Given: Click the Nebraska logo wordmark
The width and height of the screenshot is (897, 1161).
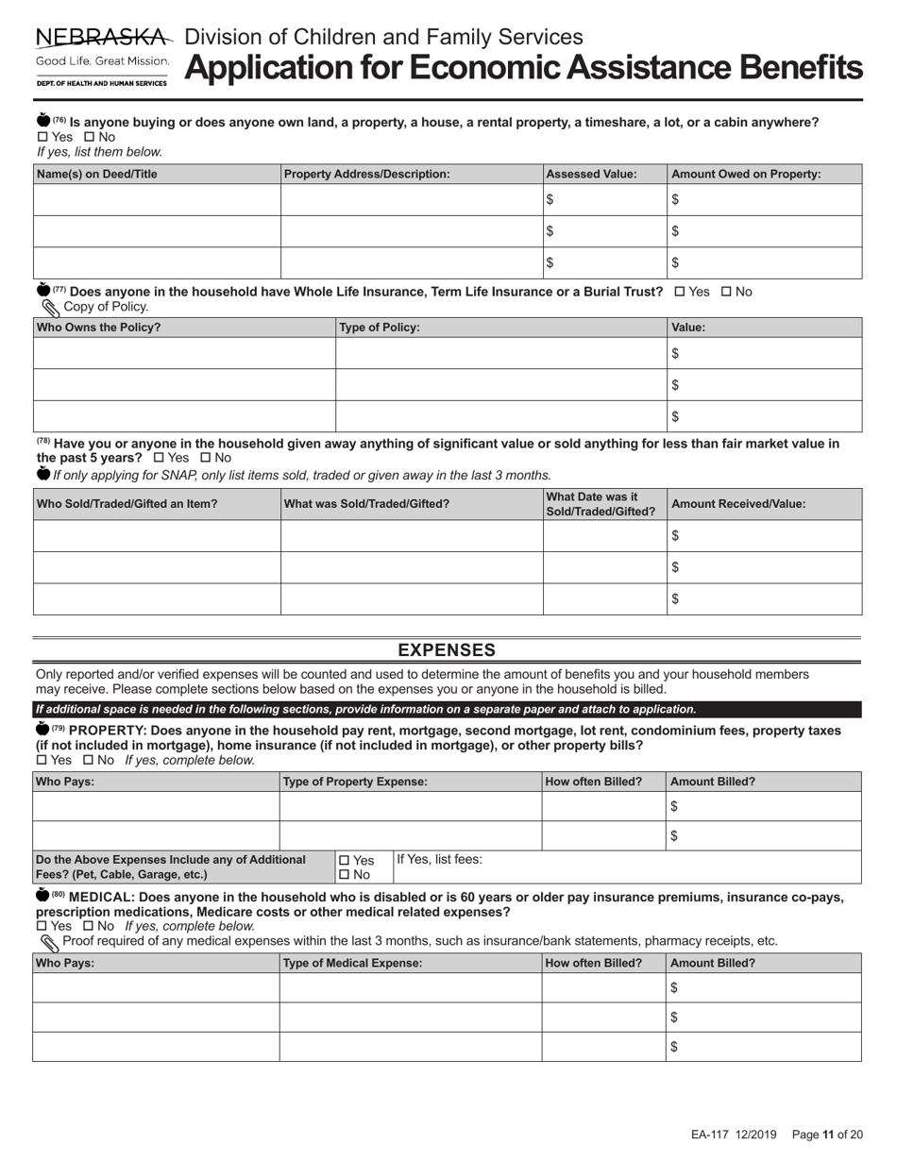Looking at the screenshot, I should click(103, 38).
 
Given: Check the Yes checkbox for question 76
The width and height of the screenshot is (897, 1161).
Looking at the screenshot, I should click(42, 137).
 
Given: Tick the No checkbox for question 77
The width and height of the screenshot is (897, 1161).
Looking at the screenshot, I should click(726, 292).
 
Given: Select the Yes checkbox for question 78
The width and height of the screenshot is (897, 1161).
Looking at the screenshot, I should click(159, 458).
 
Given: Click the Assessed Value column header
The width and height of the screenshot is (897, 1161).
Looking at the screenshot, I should click(592, 174).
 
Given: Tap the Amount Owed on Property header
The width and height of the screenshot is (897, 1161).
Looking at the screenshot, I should click(746, 174).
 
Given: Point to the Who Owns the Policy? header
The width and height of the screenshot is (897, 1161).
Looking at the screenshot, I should click(98, 328).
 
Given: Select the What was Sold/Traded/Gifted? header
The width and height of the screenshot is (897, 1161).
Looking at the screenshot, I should click(367, 504).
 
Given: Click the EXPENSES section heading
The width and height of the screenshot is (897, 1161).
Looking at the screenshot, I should click(447, 650).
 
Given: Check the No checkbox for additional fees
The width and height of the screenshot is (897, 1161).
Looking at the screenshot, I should click(344, 875).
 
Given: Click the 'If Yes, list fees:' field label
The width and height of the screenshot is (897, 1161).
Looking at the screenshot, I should click(439, 860).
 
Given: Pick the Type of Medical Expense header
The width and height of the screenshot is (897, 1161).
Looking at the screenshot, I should click(353, 963).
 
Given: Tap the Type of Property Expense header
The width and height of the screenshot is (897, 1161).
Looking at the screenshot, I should click(356, 782).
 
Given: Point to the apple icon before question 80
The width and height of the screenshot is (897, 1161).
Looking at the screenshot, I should click(42, 896).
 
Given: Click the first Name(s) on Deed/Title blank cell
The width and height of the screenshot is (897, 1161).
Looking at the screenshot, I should click(157, 199).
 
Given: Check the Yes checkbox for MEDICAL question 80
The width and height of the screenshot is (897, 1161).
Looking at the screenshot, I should click(42, 927).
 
